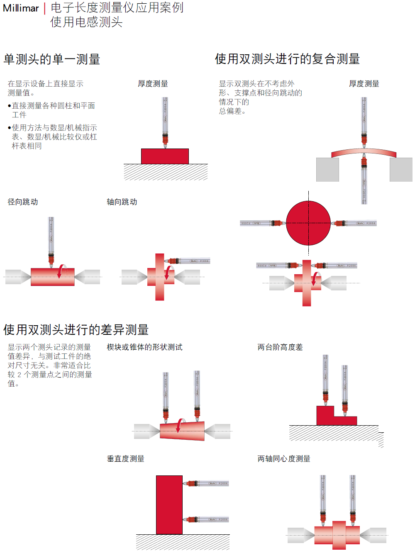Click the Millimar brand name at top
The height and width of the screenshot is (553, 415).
point(21,8)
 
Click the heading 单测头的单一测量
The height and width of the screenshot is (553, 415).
point(52,59)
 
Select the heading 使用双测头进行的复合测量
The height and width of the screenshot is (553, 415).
point(287,59)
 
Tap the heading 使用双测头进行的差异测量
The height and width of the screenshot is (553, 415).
point(76,330)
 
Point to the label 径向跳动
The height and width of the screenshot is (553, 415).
point(23,202)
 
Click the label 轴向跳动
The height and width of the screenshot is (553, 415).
point(122,202)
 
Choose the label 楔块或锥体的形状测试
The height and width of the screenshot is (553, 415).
point(144,347)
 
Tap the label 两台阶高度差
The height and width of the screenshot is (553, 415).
point(280,347)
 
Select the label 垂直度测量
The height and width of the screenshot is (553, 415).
point(126,459)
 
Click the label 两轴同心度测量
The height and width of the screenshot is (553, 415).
point(284,459)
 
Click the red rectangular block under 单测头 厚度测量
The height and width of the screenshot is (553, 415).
point(165,156)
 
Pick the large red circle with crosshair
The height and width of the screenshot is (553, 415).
point(308,223)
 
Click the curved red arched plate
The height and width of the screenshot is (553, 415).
point(364,152)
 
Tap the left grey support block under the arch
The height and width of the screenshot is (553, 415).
point(327,169)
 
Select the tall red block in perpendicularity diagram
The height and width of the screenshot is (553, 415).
point(169,505)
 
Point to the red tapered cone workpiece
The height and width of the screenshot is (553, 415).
point(182,431)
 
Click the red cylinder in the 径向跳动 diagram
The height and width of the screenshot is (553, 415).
point(52,277)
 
